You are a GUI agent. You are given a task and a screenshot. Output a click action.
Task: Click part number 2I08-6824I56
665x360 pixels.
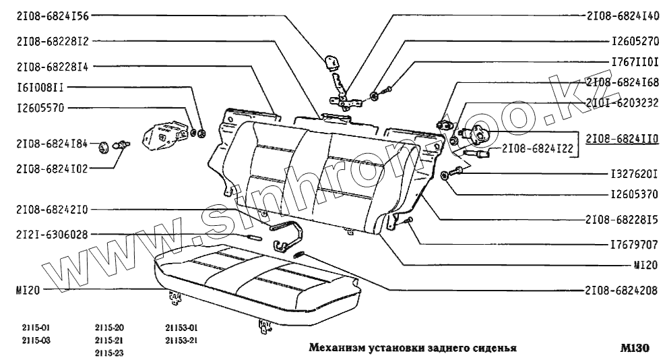[x=47, y=16]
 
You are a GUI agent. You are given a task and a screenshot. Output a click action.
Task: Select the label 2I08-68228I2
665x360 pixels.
[x=47, y=42]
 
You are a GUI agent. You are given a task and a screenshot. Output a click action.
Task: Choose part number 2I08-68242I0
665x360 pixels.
[x=47, y=209]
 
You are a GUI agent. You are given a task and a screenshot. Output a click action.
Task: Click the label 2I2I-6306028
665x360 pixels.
[x=47, y=234]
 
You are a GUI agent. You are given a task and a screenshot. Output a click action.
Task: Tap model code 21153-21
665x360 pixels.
[x=181, y=340]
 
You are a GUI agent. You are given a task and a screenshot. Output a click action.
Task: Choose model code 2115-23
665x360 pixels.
[x=109, y=353]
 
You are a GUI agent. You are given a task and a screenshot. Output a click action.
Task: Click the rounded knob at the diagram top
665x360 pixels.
[x=331, y=62]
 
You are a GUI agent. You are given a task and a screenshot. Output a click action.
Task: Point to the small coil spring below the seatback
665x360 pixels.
[x=300, y=254]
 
